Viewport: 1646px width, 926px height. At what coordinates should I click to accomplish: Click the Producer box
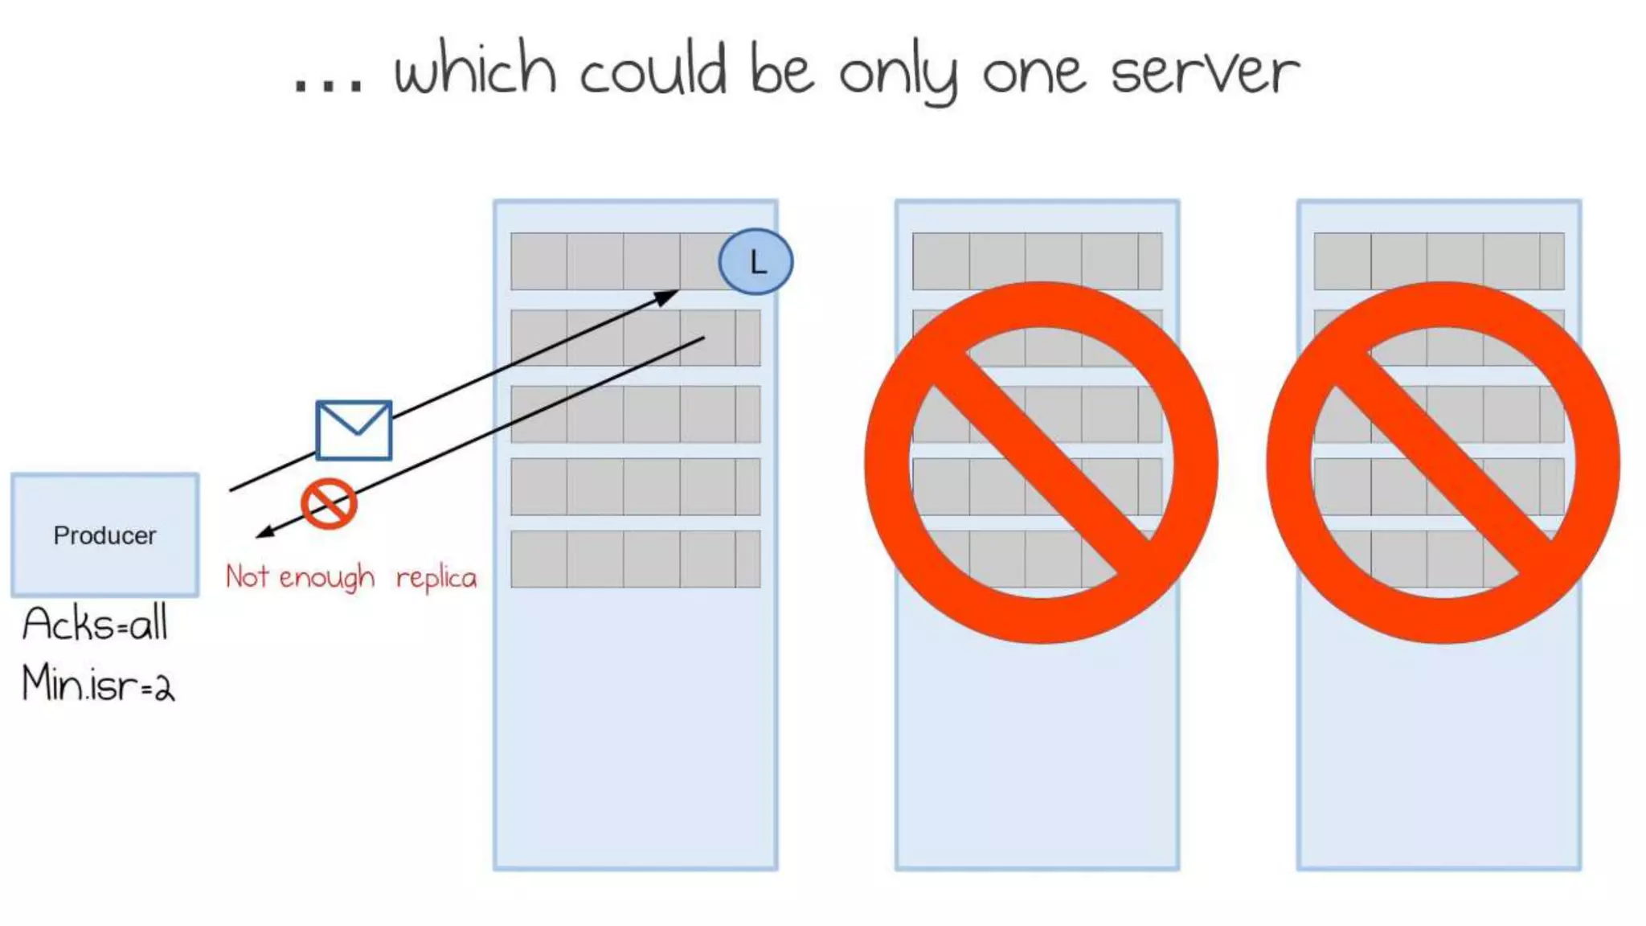[104, 535]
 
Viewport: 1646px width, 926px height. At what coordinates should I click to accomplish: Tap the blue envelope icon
[354, 430]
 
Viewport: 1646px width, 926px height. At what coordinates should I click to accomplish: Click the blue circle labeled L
[755, 261]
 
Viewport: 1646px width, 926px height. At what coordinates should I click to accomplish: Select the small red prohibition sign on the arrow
[329, 504]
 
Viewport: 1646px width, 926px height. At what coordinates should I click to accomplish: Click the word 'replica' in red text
[436, 578]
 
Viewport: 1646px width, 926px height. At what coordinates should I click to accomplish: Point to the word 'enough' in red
[326, 578]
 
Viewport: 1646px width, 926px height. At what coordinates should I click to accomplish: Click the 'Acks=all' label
[95, 624]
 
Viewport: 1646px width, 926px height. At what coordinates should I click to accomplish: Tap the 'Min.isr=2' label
[98, 684]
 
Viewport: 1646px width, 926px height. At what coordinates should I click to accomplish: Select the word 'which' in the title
[475, 69]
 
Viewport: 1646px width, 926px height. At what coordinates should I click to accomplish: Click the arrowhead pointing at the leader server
[667, 297]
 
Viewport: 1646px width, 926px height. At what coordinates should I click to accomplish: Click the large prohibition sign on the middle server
[1041, 462]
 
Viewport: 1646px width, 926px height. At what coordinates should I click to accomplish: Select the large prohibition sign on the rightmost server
[1443, 462]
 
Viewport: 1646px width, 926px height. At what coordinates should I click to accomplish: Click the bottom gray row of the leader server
[635, 559]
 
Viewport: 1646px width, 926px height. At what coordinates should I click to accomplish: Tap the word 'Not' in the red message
[247, 576]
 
